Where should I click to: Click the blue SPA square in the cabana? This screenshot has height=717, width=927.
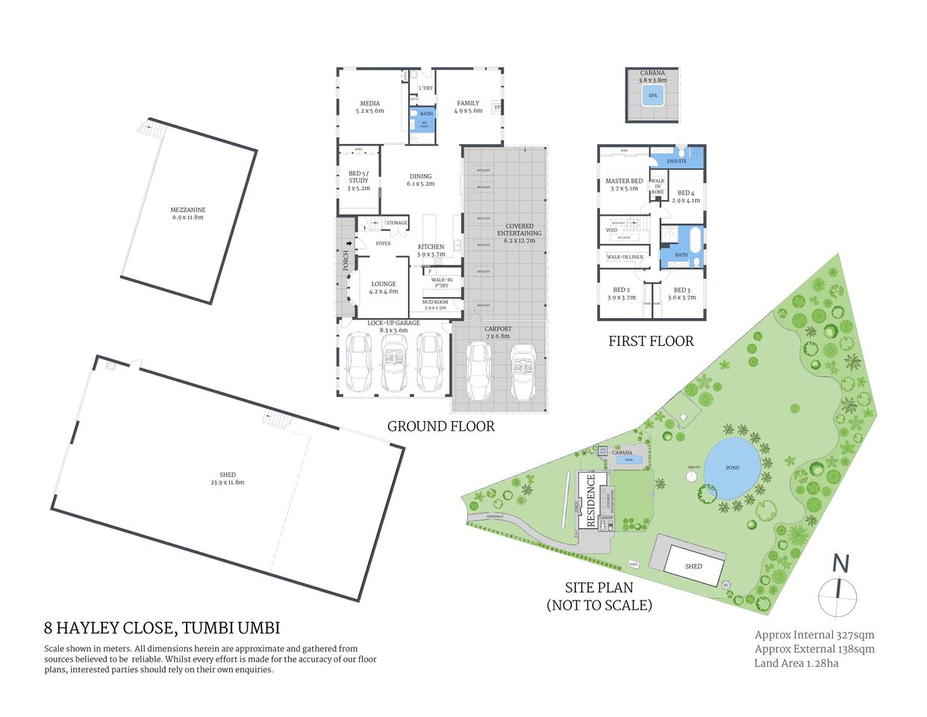[652, 96]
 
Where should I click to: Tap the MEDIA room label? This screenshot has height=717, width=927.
[369, 104]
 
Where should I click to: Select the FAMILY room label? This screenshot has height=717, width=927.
[468, 104]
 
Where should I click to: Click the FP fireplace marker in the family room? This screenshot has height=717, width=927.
[497, 107]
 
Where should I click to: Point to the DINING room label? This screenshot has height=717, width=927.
[420, 177]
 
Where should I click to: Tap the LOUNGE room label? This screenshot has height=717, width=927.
[384, 285]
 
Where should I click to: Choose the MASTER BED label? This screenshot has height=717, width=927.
[624, 181]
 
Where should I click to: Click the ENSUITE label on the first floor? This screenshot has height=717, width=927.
[676, 161]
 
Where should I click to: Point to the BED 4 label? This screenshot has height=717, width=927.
[685, 193]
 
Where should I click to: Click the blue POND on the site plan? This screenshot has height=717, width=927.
[732, 468]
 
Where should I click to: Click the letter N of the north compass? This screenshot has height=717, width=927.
[841, 564]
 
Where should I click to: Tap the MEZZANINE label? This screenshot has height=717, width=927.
[187, 210]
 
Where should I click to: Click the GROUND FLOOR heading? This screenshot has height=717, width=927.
[440, 426]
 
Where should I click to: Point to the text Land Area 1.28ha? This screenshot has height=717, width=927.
[796, 663]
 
